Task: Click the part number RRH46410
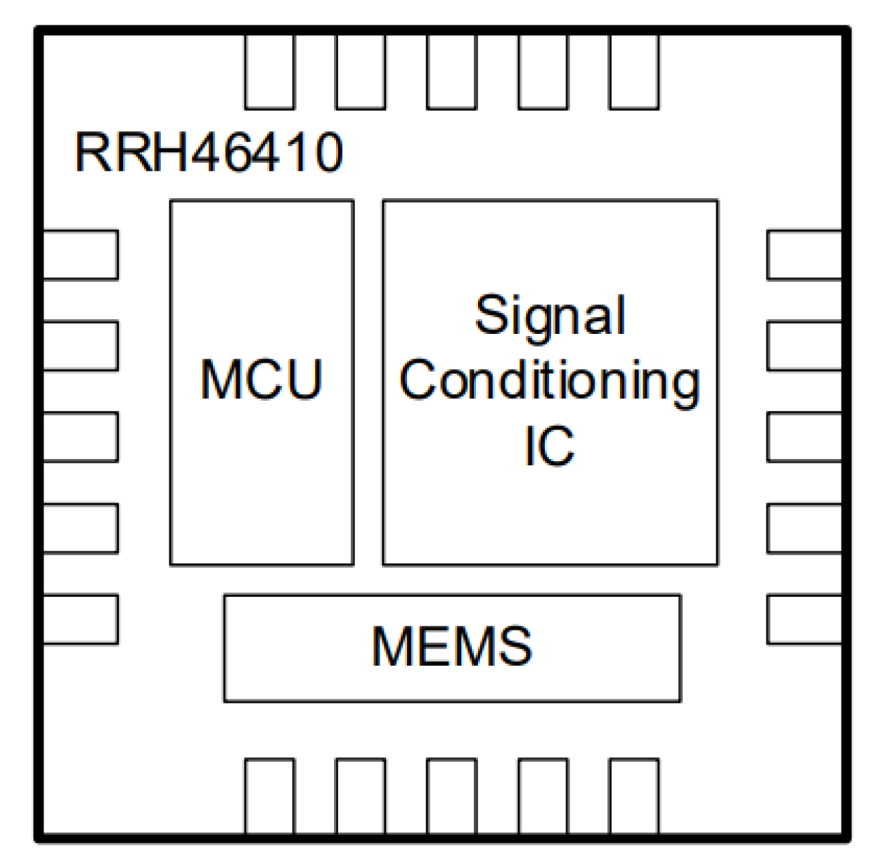(x=209, y=152)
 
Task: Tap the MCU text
(x=262, y=380)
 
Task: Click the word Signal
(x=550, y=316)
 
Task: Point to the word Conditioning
(x=550, y=380)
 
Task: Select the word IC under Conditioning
(x=549, y=445)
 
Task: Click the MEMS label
(x=452, y=647)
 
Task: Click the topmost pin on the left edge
(x=80, y=254)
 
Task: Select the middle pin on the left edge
(x=80, y=437)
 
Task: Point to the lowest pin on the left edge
(x=80, y=619)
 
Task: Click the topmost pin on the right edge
(x=804, y=254)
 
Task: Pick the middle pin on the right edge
(x=804, y=437)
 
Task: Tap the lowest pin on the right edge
(x=804, y=619)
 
